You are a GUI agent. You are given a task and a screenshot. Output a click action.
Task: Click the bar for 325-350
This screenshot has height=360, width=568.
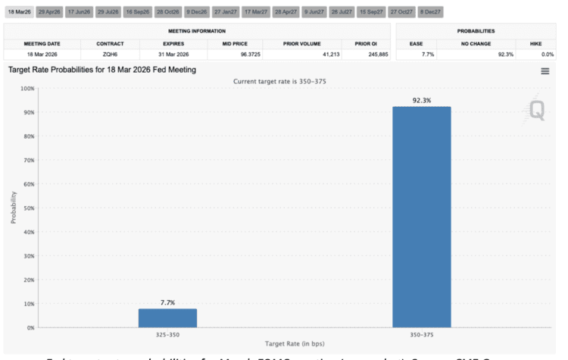[167, 318]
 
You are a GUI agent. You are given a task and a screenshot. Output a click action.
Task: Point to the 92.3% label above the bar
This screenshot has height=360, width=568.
[421, 99]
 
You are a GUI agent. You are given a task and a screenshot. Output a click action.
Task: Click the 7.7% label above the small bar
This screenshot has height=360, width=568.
[167, 302]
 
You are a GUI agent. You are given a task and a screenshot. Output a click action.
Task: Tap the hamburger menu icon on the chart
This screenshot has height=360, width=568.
[545, 70]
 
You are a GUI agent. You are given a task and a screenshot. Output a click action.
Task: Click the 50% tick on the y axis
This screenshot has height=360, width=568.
[28, 208]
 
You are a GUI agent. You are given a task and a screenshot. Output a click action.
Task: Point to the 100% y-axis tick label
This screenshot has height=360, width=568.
[27, 89]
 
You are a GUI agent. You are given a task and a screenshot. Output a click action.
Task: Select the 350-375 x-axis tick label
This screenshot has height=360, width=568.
[421, 334]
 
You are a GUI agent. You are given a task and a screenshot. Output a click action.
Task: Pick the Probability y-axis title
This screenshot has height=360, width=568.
[14, 208]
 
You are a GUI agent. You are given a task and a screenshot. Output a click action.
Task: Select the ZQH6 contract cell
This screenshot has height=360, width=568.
[110, 54]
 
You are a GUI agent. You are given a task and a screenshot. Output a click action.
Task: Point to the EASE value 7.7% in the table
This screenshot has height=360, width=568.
[427, 54]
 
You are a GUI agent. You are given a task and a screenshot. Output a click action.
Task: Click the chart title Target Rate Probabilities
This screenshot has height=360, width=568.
[102, 70]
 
